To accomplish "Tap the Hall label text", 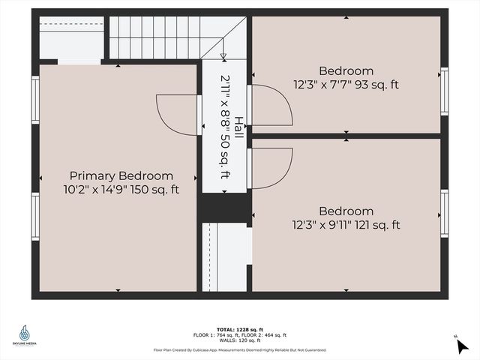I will pyautogui.click(x=238, y=125).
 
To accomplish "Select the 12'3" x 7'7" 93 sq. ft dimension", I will pyautogui.click(x=346, y=85).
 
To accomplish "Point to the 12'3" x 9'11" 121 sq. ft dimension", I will pyautogui.click(x=346, y=224).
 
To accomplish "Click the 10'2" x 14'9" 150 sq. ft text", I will pyautogui.click(x=121, y=190).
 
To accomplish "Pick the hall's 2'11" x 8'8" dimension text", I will pyautogui.click(x=224, y=126).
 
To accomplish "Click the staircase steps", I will pyautogui.click(x=161, y=38).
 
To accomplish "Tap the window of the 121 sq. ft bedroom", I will pyautogui.click(x=444, y=214).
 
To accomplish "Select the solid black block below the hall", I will pyautogui.click(x=224, y=206).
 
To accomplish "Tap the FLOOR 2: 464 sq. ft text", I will pyautogui.click(x=263, y=335).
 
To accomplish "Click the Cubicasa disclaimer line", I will pyautogui.click(x=239, y=349).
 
